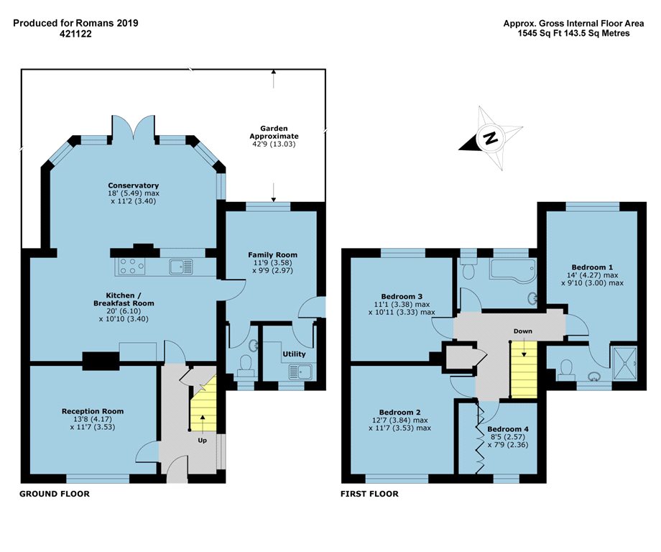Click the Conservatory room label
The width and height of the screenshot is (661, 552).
[133, 185]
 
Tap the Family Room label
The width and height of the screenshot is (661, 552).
[272, 254]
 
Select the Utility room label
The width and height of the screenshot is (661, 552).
[294, 354]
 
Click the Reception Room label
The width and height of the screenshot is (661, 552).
[93, 411]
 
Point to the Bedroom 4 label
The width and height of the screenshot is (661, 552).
[507, 429]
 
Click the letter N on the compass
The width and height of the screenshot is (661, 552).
[490, 138]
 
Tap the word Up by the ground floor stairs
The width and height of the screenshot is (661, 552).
[203, 441]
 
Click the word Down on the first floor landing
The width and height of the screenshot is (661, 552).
[523, 331]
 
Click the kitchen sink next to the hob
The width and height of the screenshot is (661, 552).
[181, 267]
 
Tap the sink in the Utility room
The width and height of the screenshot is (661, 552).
[300, 372]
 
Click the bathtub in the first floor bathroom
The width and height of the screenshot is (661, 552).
[512, 269]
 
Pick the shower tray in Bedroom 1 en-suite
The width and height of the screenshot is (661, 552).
[624, 363]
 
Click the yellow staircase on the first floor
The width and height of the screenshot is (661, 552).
[524, 370]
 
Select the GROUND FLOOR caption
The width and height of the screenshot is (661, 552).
[55, 494]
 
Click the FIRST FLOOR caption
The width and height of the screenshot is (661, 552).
[369, 494]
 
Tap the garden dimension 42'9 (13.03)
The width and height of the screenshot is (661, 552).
[274, 144]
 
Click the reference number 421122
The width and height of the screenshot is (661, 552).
[75, 34]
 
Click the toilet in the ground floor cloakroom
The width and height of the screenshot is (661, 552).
[245, 365]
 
